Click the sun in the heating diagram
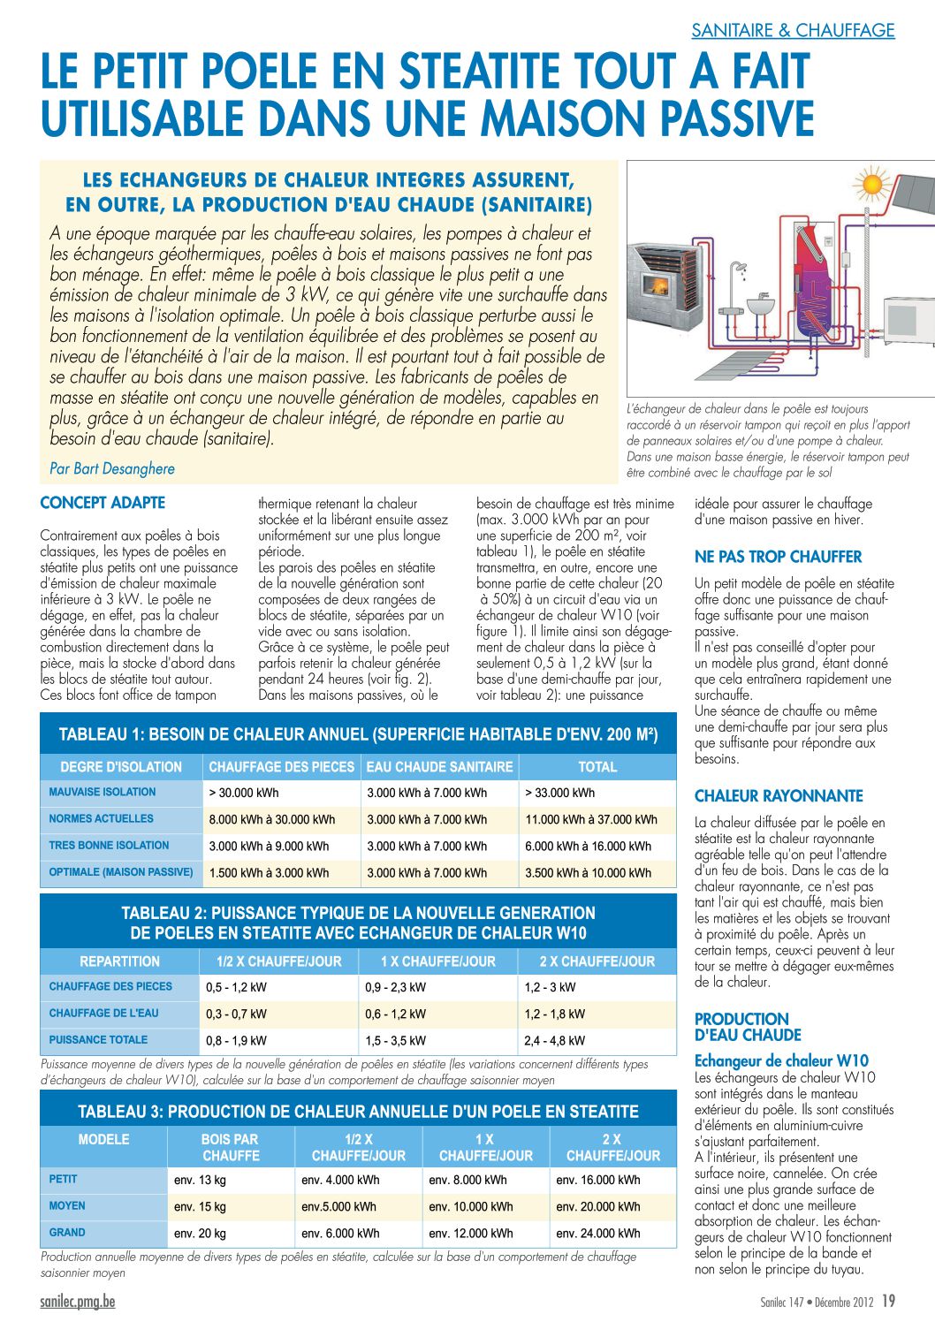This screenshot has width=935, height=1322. pos(873,185)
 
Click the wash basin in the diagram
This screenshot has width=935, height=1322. pos(760,308)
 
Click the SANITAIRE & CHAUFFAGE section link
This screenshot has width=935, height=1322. pos(793,30)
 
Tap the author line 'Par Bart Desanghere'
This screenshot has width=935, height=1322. pos(112,468)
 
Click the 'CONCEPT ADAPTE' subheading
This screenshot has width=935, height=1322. pos(103,503)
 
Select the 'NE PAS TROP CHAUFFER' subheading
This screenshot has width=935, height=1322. pos(778,557)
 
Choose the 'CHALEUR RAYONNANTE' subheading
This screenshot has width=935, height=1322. pos(779,795)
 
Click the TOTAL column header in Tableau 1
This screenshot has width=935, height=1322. pos(597,767)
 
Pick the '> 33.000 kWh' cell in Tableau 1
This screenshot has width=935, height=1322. pos(560,793)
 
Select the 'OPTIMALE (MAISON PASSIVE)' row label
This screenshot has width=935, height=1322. pos(121,872)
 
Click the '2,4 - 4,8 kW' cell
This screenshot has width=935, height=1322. pos(554,1040)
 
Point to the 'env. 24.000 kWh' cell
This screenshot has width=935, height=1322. pos(598,1233)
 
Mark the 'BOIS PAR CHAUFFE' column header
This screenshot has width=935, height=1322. pos(230,1147)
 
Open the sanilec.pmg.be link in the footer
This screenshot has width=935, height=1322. pos(78,1302)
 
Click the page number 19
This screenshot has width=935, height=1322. pos(888,1301)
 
